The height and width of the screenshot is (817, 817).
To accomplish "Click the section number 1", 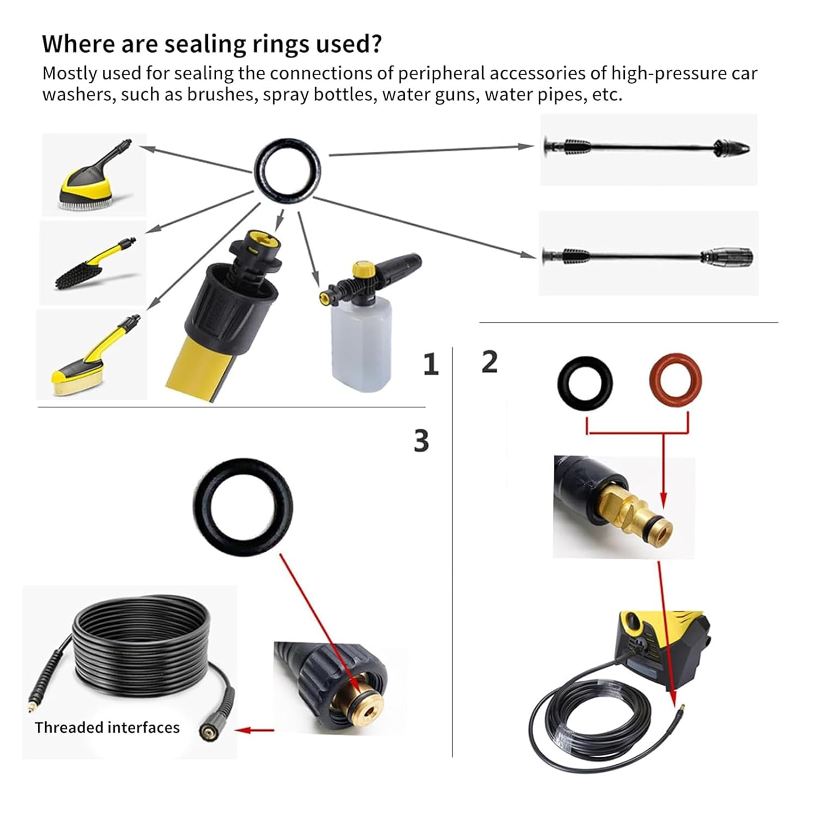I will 431,364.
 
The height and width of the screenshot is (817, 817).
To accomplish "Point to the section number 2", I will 490,362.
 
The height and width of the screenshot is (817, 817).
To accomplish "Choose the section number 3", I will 421,441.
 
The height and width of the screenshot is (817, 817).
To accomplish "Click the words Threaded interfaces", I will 107,728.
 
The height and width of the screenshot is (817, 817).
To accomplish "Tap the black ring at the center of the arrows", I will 288,172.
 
